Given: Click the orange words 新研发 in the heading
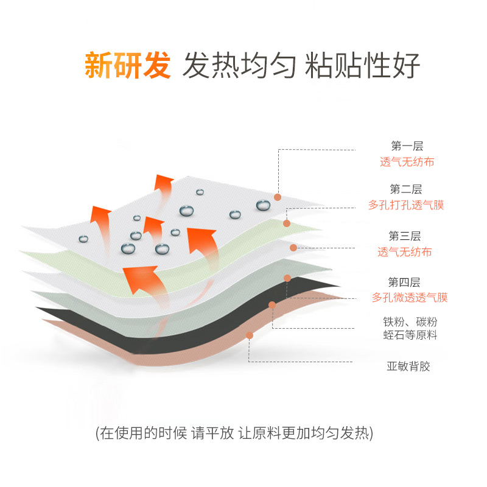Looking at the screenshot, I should coord(127,66).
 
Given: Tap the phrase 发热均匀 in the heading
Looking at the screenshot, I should coord(240,66).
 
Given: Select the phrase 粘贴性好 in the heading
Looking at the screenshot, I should coord(363,66).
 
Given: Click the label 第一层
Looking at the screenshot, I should coord(407,146).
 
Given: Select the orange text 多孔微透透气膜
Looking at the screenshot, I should coord(410,298).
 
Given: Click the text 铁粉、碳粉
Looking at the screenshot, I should coord(408,322).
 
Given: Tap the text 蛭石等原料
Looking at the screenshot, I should coord(408,335).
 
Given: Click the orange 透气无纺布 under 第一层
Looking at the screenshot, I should coord(407,162).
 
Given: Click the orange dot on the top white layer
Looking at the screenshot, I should coord(278,197).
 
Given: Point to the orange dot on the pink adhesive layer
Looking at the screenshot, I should coord(250,335).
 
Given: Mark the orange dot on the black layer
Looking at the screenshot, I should coord(272,304).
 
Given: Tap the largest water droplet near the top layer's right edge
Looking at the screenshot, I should coord(263,205).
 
